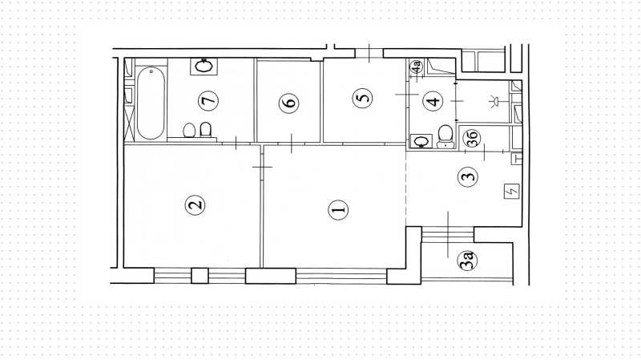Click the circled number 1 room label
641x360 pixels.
point(338,210)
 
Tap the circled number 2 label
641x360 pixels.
point(195,204)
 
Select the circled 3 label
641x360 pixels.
point(468,176)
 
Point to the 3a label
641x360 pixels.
point(468,261)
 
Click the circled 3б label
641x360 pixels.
point(471,138)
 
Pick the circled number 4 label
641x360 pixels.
point(433,101)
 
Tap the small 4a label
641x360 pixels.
point(416,67)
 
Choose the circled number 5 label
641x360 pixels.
point(363,98)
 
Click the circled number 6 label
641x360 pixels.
point(288,103)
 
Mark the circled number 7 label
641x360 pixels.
point(208,101)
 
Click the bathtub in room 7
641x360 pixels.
point(151,103)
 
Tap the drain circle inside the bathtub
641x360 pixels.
point(151,71)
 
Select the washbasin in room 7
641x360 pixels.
point(204,67)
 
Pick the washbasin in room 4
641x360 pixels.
point(421,141)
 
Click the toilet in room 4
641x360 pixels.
point(445,136)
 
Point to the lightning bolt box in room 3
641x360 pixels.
point(512,191)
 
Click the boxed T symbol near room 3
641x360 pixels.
point(517,158)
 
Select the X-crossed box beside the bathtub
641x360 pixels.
point(129,123)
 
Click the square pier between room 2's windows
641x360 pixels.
point(200,276)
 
